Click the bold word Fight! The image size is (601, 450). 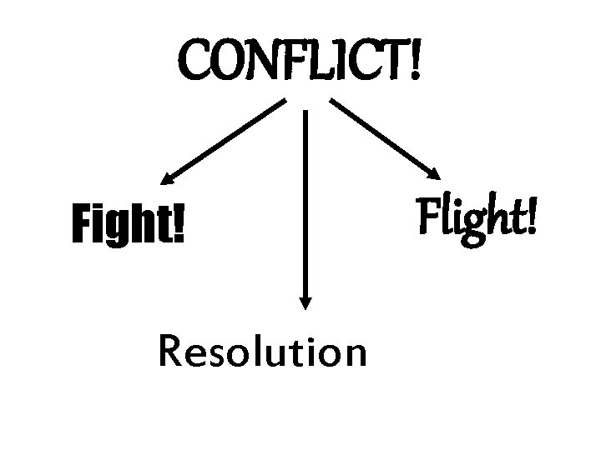click(x=129, y=226)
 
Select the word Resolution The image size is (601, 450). click(x=261, y=352)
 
